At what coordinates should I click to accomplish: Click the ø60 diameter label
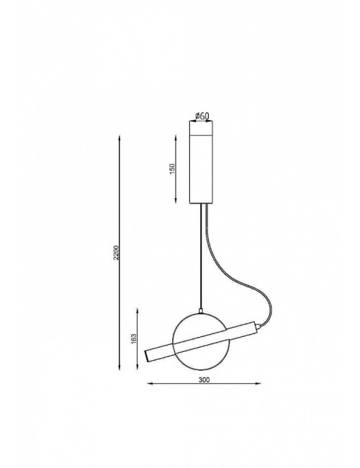pyautogui.click(x=203, y=115)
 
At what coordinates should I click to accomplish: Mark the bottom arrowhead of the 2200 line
pyautogui.click(x=121, y=368)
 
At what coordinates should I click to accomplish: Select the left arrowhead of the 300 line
pyautogui.click(x=148, y=382)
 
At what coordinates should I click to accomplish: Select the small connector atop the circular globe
pyautogui.click(x=201, y=312)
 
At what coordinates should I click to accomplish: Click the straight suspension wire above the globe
pyautogui.click(x=201, y=259)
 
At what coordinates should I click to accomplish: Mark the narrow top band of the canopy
pyautogui.click(x=203, y=127)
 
